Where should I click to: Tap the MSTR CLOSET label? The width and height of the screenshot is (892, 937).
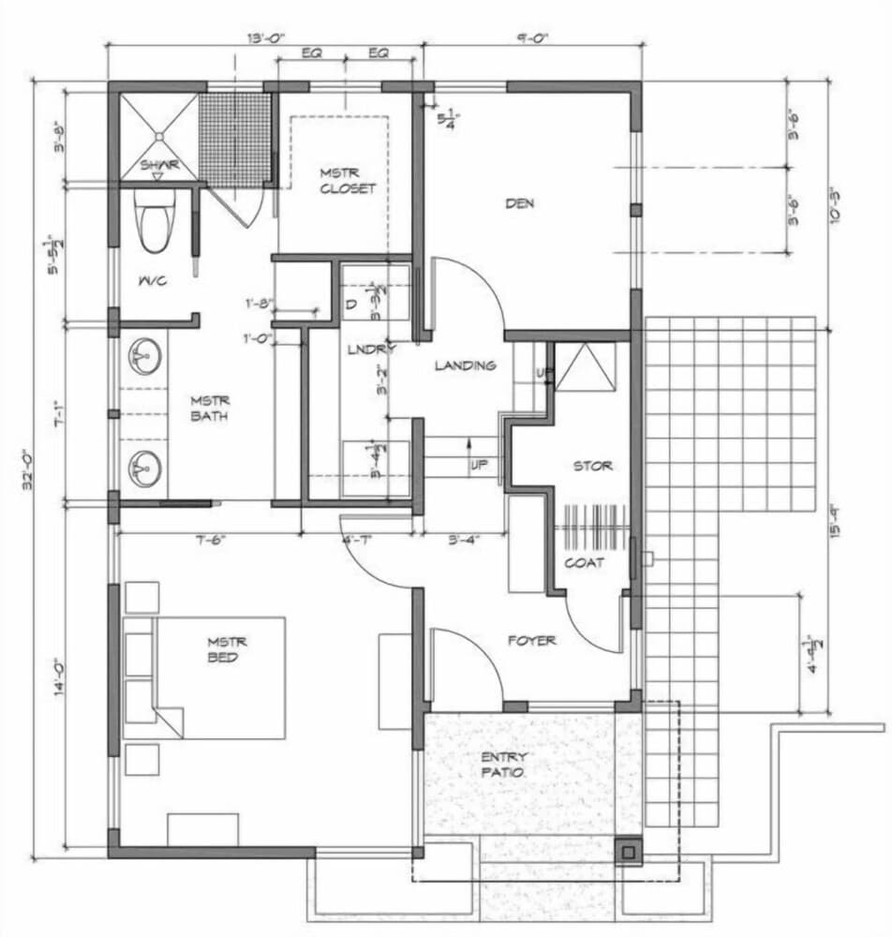[347, 180]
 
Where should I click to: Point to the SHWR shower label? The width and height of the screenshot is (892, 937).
[156, 165]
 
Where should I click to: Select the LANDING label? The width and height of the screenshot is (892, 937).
[465, 365]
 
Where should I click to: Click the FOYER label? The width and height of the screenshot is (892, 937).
[532, 641]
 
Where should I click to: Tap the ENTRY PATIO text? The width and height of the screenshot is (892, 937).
[506, 765]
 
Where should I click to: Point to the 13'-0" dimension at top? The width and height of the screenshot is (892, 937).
[265, 38]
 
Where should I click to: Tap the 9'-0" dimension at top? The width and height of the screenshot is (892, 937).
[531, 38]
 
